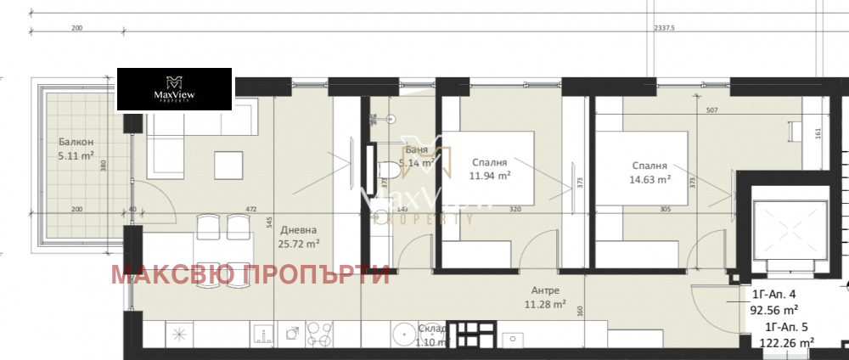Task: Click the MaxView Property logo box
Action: [x=174, y=88]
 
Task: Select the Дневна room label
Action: [x=301, y=230]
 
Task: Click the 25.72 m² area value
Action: [x=301, y=244]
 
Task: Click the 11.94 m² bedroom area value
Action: [x=491, y=176]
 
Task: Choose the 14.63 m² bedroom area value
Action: [x=651, y=179]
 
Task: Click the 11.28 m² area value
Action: [x=545, y=306]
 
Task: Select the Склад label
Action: [x=431, y=329]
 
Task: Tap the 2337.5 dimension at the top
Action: [x=665, y=27]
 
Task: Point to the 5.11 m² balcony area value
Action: [x=76, y=156]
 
